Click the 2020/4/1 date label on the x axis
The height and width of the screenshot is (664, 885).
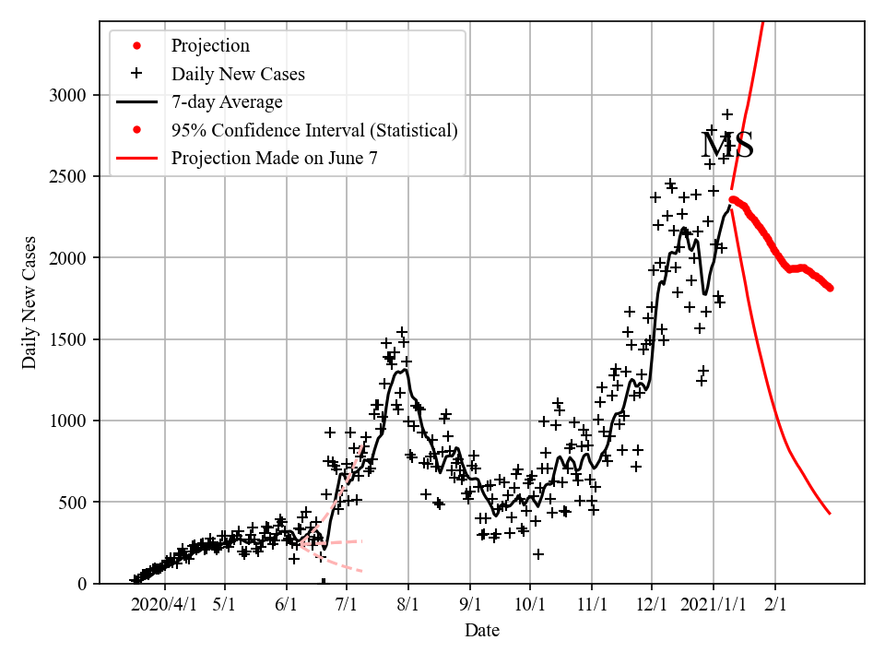tap(164, 604)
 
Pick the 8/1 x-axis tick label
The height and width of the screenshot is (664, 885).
tap(408, 604)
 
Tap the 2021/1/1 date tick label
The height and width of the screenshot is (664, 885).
tap(714, 604)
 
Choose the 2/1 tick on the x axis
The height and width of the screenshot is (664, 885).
tap(775, 604)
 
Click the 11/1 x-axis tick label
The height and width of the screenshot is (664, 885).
tap(591, 604)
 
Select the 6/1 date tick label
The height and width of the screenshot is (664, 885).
tap(287, 604)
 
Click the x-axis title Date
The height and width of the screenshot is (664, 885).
tap(482, 631)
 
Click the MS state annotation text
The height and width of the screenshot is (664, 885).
tap(727, 146)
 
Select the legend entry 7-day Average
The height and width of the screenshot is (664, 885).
tap(227, 101)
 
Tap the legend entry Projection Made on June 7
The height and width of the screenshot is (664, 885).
tap(274, 159)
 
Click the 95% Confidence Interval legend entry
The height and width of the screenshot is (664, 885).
tap(314, 130)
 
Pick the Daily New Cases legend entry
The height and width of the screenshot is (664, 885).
tap(238, 73)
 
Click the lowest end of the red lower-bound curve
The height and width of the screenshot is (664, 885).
tap(831, 514)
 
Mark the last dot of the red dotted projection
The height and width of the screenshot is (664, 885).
tap(831, 288)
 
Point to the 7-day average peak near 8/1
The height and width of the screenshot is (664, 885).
tap(404, 370)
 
